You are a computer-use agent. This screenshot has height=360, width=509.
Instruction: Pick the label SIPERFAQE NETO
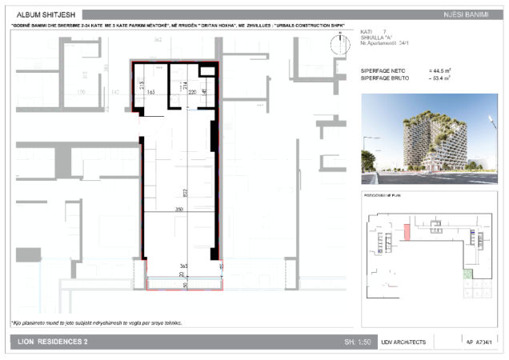(387, 70)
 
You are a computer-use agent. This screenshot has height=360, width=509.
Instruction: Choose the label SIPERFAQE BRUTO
(388, 78)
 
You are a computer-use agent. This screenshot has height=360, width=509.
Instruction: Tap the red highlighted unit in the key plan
(407, 233)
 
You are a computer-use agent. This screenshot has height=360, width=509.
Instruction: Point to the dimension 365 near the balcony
(182, 265)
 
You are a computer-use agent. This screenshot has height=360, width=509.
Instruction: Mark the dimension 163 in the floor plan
(150, 93)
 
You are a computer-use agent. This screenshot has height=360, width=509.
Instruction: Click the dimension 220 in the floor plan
(192, 93)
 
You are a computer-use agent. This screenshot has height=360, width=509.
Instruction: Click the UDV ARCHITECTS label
(404, 342)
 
